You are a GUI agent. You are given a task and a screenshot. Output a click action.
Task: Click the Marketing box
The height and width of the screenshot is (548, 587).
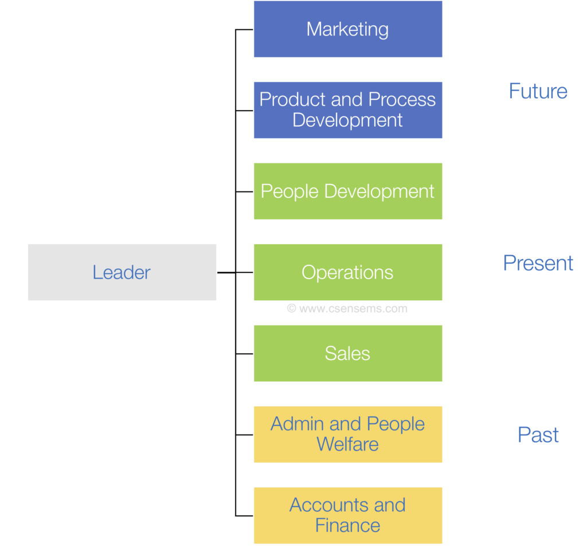point(347,29)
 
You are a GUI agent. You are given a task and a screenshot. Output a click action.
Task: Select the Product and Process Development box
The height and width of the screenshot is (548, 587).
point(347,109)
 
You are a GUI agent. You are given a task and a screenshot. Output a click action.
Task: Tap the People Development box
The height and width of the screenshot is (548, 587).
point(347,191)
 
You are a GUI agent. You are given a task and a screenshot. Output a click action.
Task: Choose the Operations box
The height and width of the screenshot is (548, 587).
point(347,272)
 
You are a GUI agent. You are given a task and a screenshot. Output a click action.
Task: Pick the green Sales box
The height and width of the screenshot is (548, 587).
point(347,353)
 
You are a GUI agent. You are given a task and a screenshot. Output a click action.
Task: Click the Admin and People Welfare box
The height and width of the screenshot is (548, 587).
point(347,434)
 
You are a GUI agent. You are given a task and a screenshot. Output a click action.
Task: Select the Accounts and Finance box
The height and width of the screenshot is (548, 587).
point(347,515)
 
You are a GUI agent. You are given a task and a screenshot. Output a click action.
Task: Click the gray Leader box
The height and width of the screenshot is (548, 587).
point(122,272)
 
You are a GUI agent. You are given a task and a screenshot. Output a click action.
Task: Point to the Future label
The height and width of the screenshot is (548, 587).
point(538,91)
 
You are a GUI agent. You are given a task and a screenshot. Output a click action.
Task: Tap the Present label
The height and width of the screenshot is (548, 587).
point(538,263)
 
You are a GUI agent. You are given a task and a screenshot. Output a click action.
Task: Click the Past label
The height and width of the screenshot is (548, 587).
point(538,435)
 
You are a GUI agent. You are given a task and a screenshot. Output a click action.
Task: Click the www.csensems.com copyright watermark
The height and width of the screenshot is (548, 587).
point(347,308)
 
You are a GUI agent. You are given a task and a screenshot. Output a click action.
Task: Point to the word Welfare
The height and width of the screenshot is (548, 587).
point(347,444)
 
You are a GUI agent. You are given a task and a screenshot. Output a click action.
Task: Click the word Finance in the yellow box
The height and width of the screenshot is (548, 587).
point(347,526)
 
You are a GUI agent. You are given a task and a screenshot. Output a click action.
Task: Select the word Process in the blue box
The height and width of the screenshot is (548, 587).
point(401,100)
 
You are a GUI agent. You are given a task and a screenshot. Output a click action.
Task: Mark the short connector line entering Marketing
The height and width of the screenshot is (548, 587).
point(245,29)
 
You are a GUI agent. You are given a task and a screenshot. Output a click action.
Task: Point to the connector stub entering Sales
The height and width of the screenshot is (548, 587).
point(245,354)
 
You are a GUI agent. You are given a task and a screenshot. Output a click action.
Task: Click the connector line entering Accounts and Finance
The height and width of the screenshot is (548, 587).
point(245,516)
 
